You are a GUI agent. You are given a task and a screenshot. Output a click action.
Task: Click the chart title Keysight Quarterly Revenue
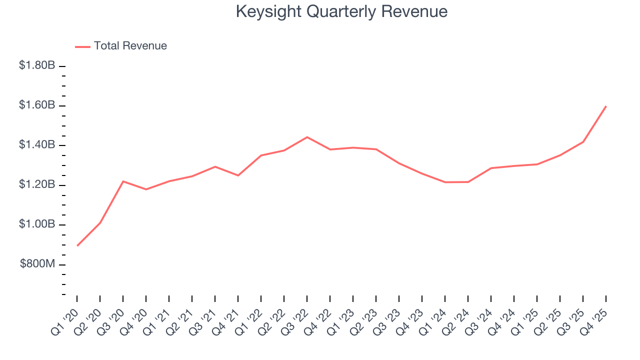click(341, 11)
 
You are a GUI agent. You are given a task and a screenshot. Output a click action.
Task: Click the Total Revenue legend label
click(130, 46)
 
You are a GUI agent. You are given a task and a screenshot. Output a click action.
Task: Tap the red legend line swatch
click(82, 46)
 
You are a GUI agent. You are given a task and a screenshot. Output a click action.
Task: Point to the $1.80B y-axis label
click(37, 65)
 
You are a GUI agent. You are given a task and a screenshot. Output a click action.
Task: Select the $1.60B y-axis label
click(37, 105)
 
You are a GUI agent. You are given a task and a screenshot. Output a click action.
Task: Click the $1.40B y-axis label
click(37, 145)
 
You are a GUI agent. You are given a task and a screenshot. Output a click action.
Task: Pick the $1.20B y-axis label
click(37, 185)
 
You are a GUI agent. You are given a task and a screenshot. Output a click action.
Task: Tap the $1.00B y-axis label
click(37, 224)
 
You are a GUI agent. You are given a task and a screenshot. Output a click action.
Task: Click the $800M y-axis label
click(37, 264)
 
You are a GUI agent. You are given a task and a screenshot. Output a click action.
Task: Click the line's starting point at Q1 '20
click(77, 245)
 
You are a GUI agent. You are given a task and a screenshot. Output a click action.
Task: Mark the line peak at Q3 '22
click(307, 137)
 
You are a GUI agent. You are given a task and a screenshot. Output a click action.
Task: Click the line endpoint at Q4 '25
click(606, 106)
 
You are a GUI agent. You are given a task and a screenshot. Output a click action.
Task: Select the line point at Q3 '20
click(123, 181)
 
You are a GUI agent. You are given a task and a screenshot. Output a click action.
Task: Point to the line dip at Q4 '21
click(238, 175)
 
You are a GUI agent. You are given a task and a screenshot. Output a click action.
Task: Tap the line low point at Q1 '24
click(445, 182)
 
